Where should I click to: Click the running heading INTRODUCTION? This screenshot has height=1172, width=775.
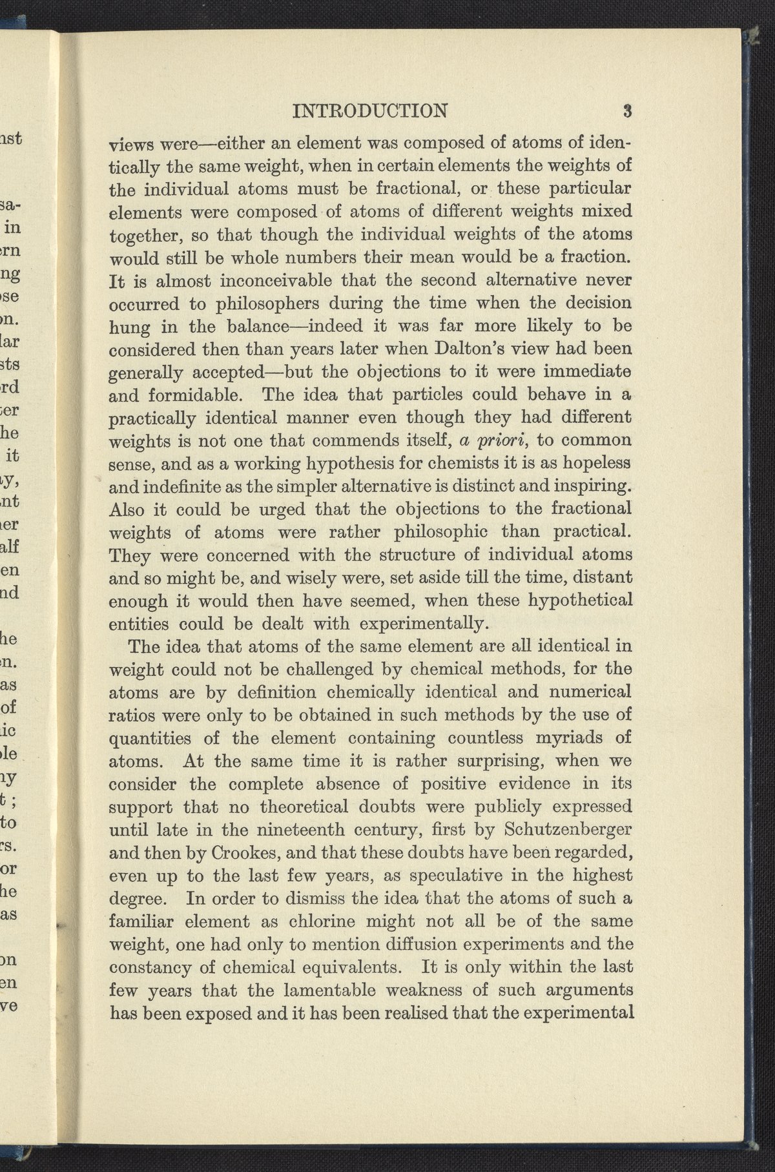tap(369, 110)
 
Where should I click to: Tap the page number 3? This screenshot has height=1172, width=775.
tap(626, 110)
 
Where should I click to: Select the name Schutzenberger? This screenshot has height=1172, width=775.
tap(574, 829)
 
